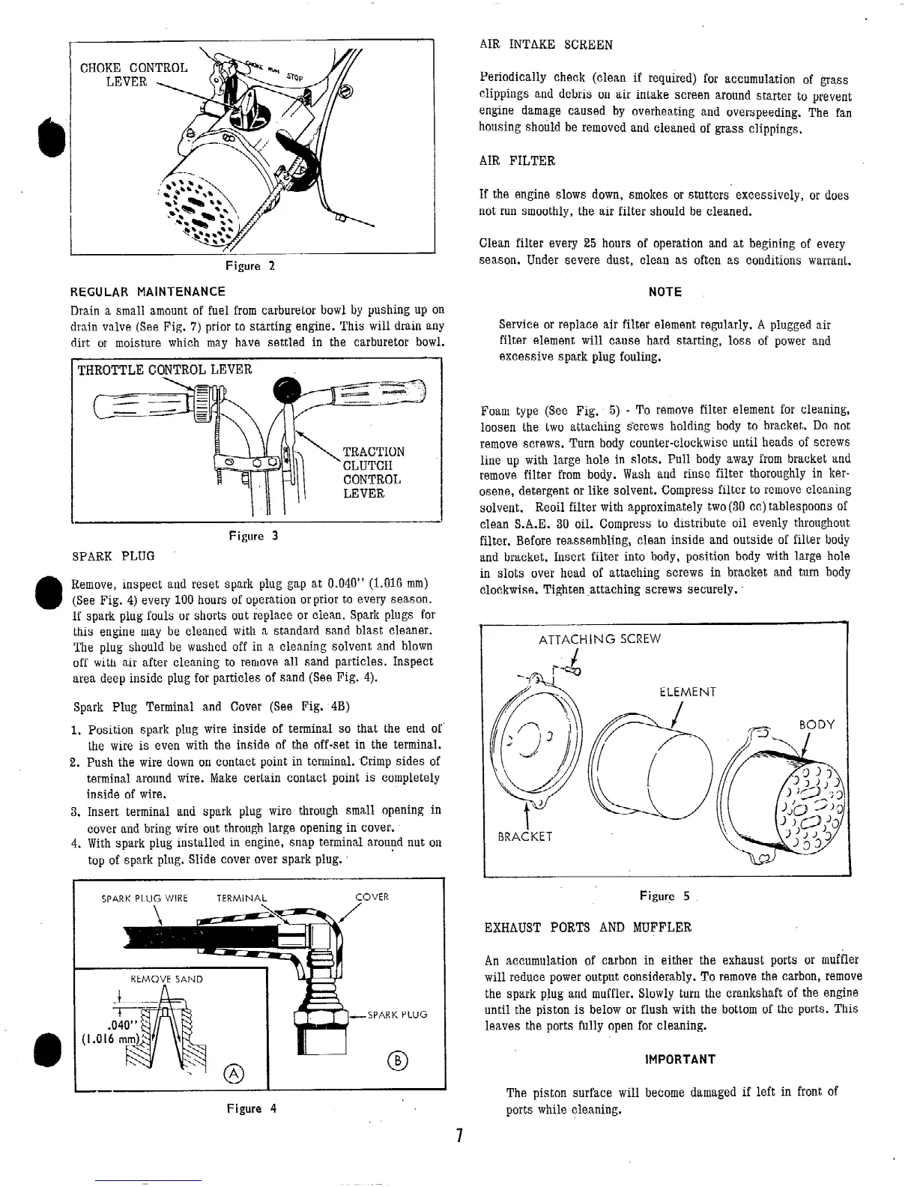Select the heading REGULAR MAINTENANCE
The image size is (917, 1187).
point(147,292)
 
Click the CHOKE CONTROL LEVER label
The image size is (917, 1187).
point(134,74)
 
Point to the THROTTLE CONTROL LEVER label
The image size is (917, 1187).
point(165,369)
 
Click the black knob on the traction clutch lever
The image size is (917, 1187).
point(288,390)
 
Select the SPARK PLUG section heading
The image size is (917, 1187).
point(113,556)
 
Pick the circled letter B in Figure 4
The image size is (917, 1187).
point(395,1060)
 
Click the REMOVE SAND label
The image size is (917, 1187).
point(166,979)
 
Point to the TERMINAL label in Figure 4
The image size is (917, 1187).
point(241,898)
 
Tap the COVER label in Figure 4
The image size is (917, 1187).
point(372,897)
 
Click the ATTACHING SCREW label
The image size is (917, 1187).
point(600,639)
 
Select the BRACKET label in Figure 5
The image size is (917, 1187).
point(525,836)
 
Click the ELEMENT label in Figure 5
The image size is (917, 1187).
point(688,692)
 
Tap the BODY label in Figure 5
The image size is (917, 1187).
point(817,725)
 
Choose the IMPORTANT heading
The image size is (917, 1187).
point(680,1060)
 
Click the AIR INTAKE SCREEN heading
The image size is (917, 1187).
point(545,45)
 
